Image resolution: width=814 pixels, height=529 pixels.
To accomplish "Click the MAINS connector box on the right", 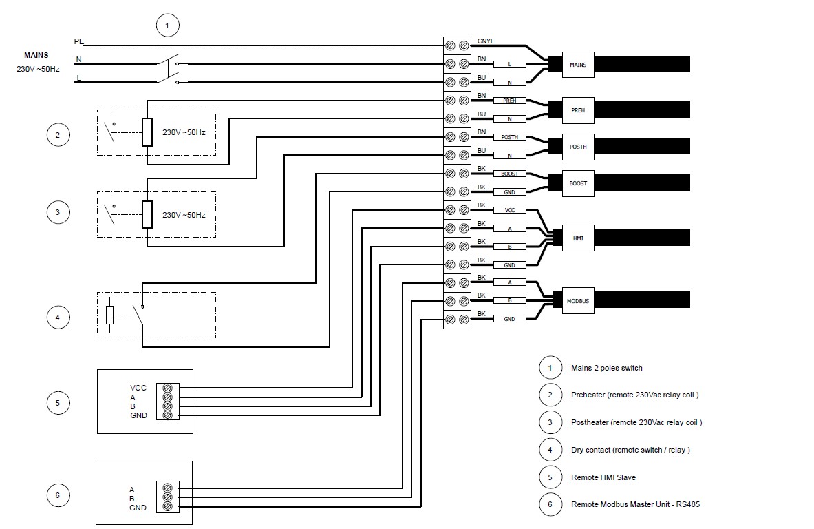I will pos(578,64).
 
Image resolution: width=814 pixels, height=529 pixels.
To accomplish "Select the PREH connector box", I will pos(577,110).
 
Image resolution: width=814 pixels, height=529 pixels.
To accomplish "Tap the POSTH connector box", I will pos(577,146).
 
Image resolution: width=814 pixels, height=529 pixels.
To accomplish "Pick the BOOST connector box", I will pos(577,183).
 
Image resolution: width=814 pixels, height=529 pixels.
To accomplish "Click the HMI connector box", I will pos(577,238).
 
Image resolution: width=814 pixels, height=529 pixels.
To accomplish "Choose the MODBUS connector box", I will pos(577,301).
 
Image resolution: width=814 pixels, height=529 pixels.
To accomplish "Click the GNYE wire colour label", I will pos(486,41).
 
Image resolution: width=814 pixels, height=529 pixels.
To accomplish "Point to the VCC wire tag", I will pos(509,210).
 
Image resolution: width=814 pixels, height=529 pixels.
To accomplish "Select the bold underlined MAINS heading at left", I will pos(36,55).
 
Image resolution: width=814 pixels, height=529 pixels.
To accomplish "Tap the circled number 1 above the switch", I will pos(166,26).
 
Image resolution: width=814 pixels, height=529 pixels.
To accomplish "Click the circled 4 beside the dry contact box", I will pos(58,318).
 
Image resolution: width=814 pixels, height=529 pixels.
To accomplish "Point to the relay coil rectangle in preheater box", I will pos(146,132).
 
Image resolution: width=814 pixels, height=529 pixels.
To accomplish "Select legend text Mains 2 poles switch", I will pos(606,368).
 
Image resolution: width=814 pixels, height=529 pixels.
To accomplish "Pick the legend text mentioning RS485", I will pos(635,504).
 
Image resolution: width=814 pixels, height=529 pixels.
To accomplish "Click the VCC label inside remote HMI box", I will pos(138,388).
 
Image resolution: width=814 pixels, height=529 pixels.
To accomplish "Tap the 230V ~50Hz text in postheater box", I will pos(184,215).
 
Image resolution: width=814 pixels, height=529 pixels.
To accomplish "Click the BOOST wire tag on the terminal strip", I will pos(509,174).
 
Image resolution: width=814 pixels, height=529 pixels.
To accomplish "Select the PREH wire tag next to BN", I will pos(509,101).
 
